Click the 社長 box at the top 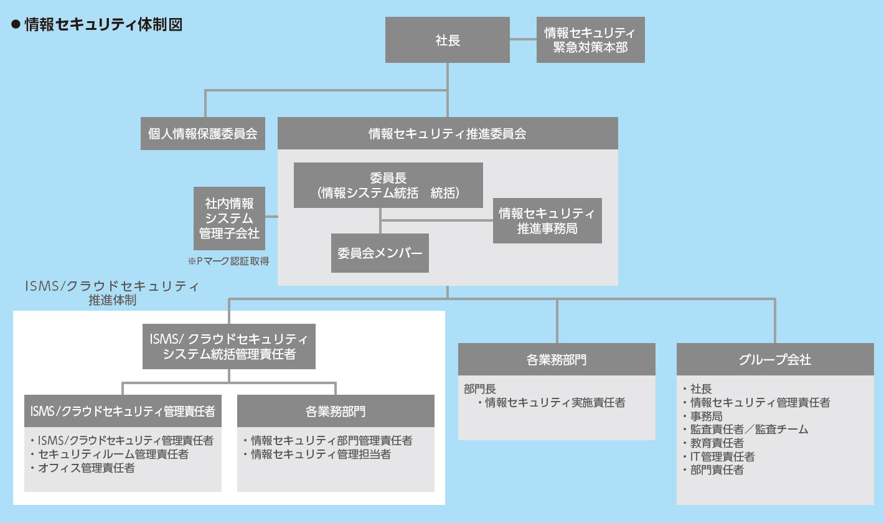[447, 39]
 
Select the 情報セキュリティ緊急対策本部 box [590, 39]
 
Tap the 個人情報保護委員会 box [203, 133]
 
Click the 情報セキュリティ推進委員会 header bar [448, 133]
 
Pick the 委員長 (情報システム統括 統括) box [388, 185]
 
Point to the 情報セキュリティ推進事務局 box [547, 220]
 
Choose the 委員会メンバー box [380, 253]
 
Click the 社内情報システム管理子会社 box [229, 219]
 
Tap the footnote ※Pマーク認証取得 [228, 261]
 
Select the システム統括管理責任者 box [229, 347]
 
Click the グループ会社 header [775, 359]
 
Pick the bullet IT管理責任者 [719, 456]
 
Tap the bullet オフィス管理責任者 [83, 468]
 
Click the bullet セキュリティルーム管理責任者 [110, 455]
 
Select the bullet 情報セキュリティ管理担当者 [317, 455]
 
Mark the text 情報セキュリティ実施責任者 [555, 403]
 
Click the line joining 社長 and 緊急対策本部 [523, 39]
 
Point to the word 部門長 [480, 389]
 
